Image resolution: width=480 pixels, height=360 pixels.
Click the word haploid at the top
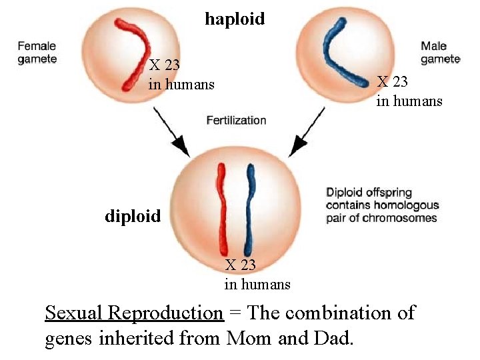tap(235, 19)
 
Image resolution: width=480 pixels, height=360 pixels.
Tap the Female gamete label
tap(37, 53)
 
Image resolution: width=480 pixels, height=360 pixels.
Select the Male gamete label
tap(440, 53)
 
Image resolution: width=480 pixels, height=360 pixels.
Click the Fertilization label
tap(236, 121)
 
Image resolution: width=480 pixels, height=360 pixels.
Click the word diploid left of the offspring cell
tap(133, 216)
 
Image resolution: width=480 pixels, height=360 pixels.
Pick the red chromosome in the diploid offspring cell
tap(221, 207)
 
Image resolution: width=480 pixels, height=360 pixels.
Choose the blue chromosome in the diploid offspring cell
tap(251, 207)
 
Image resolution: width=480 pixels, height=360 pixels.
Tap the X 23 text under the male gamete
tap(392, 82)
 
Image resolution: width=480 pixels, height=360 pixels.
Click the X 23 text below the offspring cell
tap(240, 265)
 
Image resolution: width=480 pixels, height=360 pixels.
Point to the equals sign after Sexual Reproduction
tap(235, 313)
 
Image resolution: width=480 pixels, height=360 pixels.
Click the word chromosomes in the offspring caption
tap(405, 218)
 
